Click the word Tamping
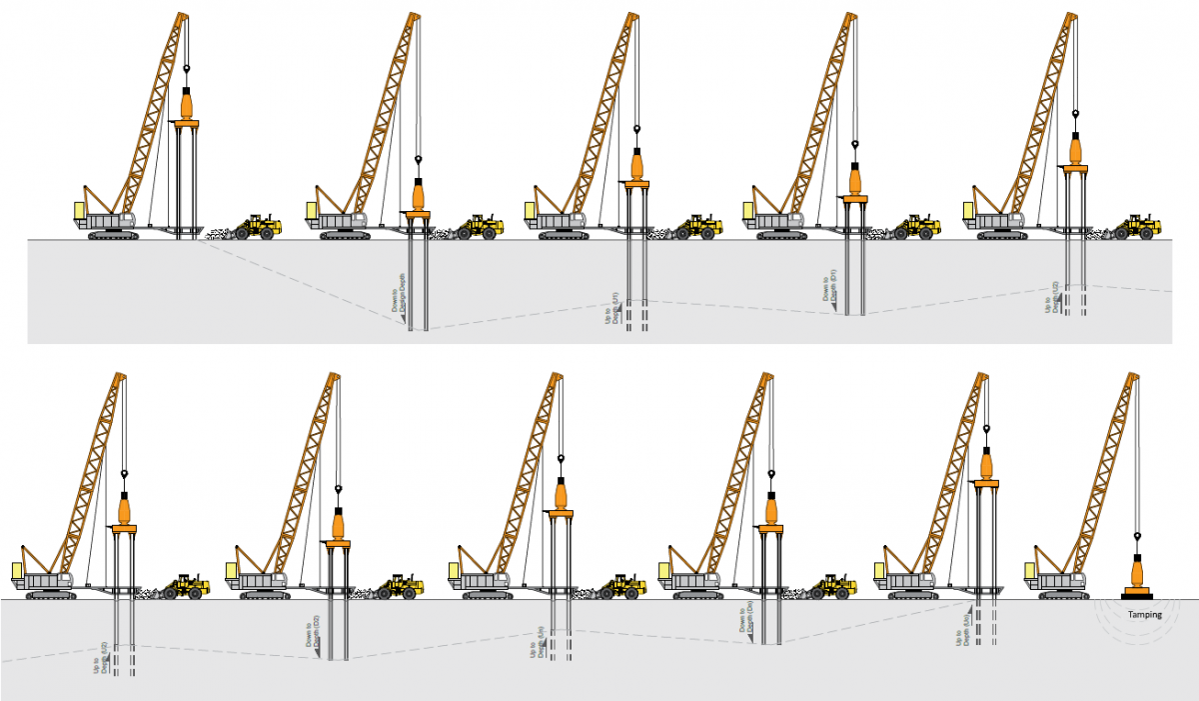coord(1144,615)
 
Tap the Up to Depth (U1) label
coord(615,309)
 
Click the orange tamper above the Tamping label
coord(1137,578)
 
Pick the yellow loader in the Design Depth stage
coord(482,227)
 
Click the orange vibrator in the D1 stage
coord(855,180)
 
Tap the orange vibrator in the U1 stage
coord(636,163)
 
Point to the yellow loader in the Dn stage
coord(832,586)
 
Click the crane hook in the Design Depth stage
coord(419,160)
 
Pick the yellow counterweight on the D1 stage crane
coord(748,210)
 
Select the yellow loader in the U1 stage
coord(699,227)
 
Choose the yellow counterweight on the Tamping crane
coord(1030,571)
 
